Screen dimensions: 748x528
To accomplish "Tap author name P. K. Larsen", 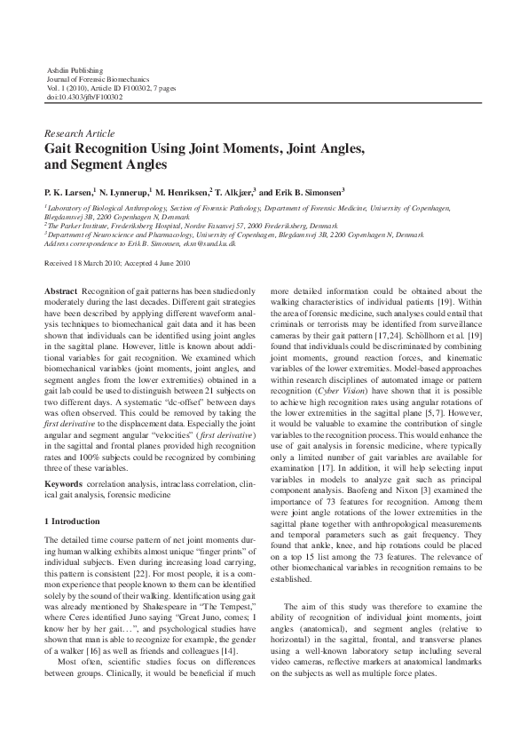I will point(69,191).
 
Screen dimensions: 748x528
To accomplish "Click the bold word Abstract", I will point(60,291).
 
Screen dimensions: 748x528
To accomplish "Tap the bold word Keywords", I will point(64,483).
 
